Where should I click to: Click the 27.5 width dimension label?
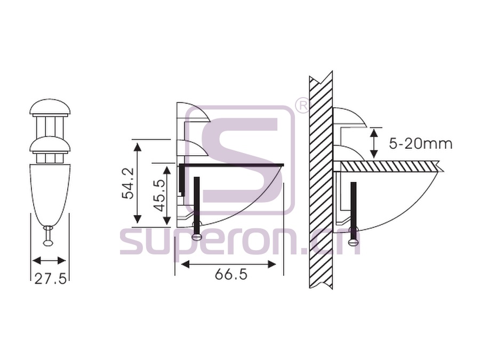50,278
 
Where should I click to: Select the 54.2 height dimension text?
127,183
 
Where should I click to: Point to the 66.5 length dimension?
231,274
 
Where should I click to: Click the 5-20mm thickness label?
421,143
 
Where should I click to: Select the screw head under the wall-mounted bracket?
354,234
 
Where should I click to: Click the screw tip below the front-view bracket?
49,243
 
